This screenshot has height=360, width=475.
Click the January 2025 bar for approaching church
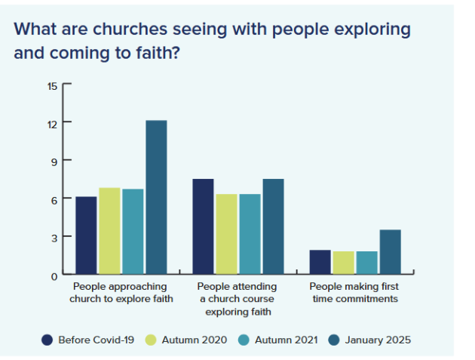(156, 197)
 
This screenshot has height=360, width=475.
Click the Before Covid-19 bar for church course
(203, 226)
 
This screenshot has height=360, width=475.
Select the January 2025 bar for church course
(273, 226)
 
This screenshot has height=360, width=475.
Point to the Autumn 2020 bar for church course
(226, 233)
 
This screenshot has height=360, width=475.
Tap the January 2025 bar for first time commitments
(390, 251)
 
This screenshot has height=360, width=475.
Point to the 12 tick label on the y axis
(52, 123)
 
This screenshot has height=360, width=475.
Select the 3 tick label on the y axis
(54, 238)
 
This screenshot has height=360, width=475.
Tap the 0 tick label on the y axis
(54, 276)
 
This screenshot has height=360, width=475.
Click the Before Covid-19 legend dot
(47, 340)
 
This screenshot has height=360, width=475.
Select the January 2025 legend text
(378, 340)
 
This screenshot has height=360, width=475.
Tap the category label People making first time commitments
(354, 292)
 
